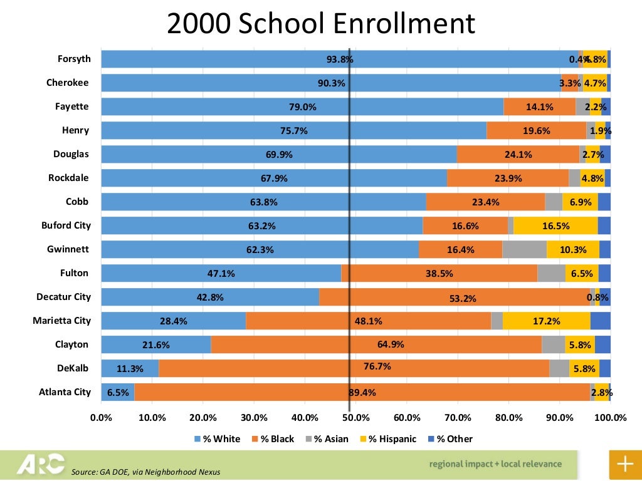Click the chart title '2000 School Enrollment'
(x=320, y=24)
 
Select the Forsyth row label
(x=74, y=59)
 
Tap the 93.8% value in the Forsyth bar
(x=340, y=59)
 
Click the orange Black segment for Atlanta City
(x=362, y=392)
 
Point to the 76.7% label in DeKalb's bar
(x=377, y=366)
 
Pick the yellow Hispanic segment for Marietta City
(x=546, y=321)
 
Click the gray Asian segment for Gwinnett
(x=524, y=249)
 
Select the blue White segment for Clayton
(x=155, y=344)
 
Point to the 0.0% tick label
(x=101, y=418)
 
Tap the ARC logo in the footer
(x=41, y=464)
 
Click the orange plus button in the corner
(x=625, y=464)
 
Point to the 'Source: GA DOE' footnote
(x=146, y=472)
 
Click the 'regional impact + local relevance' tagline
(x=495, y=464)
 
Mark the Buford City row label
(x=66, y=225)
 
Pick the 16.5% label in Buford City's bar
(x=555, y=226)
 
